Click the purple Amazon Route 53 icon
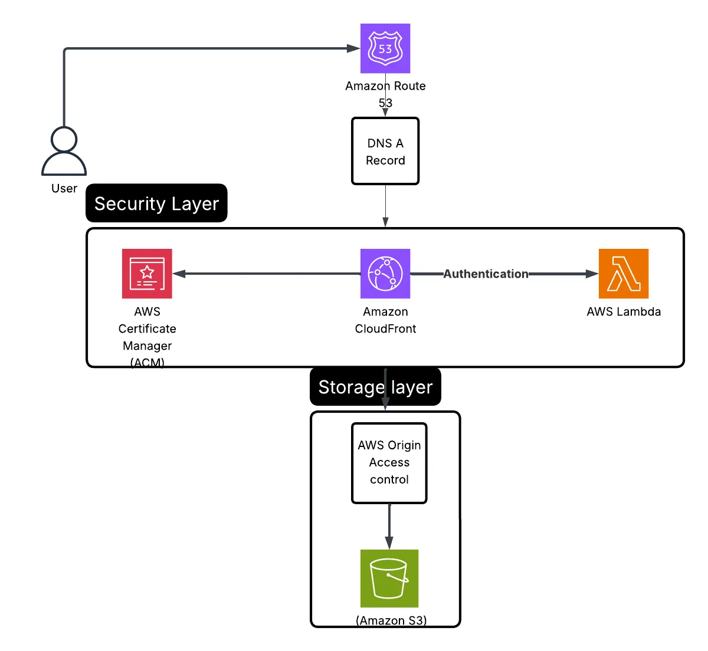385,48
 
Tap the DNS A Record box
385,152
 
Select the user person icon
64,152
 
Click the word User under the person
64,189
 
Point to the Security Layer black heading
156,203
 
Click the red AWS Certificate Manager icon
147,274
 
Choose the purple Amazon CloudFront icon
385,274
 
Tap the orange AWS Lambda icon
624,274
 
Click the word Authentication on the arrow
486,274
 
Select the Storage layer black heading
375,387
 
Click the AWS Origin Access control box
389,463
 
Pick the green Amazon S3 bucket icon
389,578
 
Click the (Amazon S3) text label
391,620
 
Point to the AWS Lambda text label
624,312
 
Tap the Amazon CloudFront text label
385,320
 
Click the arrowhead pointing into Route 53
354,48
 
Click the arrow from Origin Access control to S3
389,527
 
